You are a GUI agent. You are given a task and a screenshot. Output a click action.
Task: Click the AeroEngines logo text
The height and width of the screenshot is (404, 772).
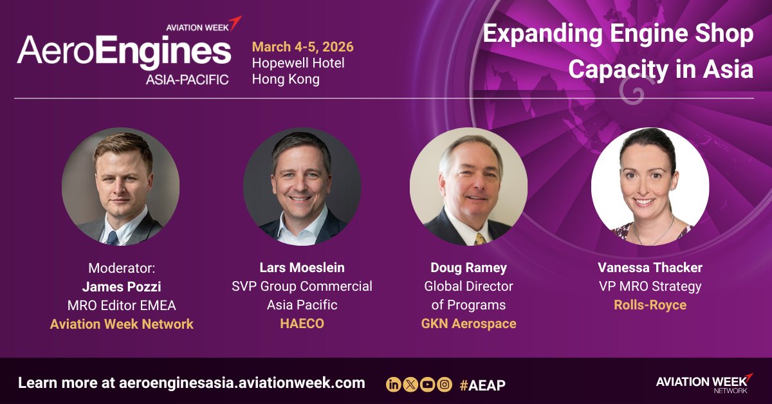(124, 51)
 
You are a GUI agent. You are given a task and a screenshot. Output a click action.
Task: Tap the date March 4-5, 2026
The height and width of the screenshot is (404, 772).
(302, 47)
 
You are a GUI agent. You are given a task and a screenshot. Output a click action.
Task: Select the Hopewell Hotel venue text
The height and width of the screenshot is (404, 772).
(298, 63)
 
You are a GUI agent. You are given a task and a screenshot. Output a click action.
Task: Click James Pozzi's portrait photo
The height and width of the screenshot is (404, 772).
(121, 187)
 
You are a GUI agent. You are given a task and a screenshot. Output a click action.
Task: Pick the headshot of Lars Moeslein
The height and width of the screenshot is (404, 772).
(302, 187)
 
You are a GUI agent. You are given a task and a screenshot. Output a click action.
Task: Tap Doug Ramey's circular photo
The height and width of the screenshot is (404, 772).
(468, 187)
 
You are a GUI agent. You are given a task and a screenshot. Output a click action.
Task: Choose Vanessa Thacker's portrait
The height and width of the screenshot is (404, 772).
(650, 187)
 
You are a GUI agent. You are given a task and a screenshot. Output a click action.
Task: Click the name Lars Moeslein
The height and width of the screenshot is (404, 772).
(302, 268)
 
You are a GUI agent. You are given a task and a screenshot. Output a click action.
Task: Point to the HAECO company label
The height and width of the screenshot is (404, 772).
(302, 324)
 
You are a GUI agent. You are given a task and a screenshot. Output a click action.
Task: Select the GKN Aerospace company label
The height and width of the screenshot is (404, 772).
(468, 324)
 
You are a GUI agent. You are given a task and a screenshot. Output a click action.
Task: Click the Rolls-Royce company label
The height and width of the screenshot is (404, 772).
(650, 305)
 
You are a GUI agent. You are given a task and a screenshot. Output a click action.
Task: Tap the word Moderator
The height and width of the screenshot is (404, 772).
(122, 268)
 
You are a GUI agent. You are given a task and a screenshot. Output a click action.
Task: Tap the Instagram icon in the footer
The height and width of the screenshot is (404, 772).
(444, 385)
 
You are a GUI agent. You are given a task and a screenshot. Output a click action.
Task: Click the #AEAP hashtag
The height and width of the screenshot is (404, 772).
(482, 385)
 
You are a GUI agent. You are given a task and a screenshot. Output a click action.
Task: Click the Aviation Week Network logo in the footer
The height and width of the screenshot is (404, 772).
(704, 382)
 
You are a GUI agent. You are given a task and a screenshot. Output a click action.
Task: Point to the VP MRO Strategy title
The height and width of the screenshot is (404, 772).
(650, 286)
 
